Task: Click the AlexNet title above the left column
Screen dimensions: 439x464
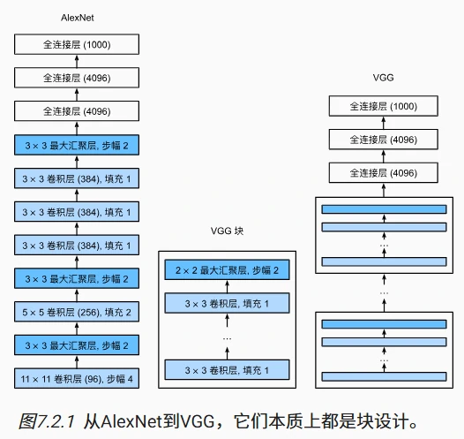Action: coord(78,18)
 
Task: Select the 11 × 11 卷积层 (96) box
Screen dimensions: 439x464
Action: coord(78,380)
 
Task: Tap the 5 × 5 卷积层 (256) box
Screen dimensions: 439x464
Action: coord(78,313)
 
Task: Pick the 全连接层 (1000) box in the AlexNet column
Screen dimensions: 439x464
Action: coord(78,44)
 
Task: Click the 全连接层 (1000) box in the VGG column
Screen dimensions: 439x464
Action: coord(383,107)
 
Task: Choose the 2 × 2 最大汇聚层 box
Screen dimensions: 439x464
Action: coord(228,269)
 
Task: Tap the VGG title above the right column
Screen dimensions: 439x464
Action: coord(383,78)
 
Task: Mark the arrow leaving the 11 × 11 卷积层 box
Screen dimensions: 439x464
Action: coord(78,363)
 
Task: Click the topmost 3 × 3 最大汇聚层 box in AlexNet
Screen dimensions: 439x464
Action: coord(78,145)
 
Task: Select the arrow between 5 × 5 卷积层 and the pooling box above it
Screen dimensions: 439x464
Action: coord(78,296)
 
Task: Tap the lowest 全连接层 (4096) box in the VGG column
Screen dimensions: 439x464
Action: coord(383,173)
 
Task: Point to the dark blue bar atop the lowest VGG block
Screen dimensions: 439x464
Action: coord(383,323)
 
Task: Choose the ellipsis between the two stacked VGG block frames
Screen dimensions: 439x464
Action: coord(383,291)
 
